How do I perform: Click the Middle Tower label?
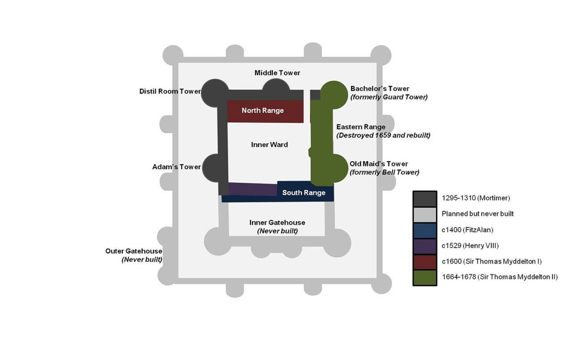coord(277,73)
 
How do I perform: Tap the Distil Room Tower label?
coord(170,91)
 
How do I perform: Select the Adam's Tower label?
coord(176,167)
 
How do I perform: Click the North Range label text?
coord(263,111)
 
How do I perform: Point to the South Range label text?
coord(304,193)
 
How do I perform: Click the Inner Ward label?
coord(270,145)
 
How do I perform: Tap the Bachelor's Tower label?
coord(380,89)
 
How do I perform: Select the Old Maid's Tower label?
coord(379,164)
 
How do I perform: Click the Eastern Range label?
coord(361,127)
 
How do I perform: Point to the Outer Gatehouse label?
coord(133,251)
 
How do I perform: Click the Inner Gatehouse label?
coord(277,223)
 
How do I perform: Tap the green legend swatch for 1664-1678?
coord(425,278)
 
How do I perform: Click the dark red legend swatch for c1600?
coord(425,262)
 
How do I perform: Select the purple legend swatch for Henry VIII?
coord(425,246)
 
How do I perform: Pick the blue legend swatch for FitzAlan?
coord(425,231)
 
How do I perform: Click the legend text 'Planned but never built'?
coord(478,214)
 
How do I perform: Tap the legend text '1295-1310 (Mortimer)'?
coord(476,198)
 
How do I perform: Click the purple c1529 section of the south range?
coord(252,189)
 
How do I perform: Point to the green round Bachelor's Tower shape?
coord(334,95)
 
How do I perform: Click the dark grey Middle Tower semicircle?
coord(276,85)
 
